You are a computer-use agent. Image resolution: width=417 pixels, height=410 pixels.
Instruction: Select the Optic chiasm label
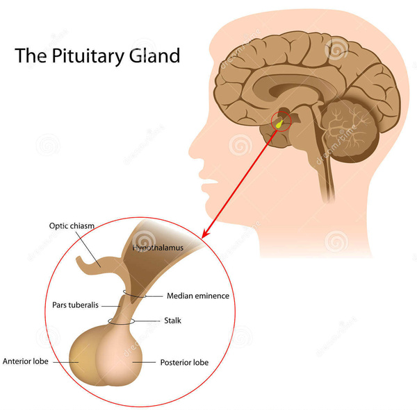point(72,225)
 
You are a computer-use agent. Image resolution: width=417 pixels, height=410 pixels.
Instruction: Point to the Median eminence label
point(197,296)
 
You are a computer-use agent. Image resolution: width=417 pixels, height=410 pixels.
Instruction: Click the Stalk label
point(173,321)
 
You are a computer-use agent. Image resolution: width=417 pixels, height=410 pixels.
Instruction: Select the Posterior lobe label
point(184,361)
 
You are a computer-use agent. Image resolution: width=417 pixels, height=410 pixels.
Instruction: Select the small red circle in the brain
point(281,121)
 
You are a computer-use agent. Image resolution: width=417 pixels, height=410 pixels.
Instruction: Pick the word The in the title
point(28,55)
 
